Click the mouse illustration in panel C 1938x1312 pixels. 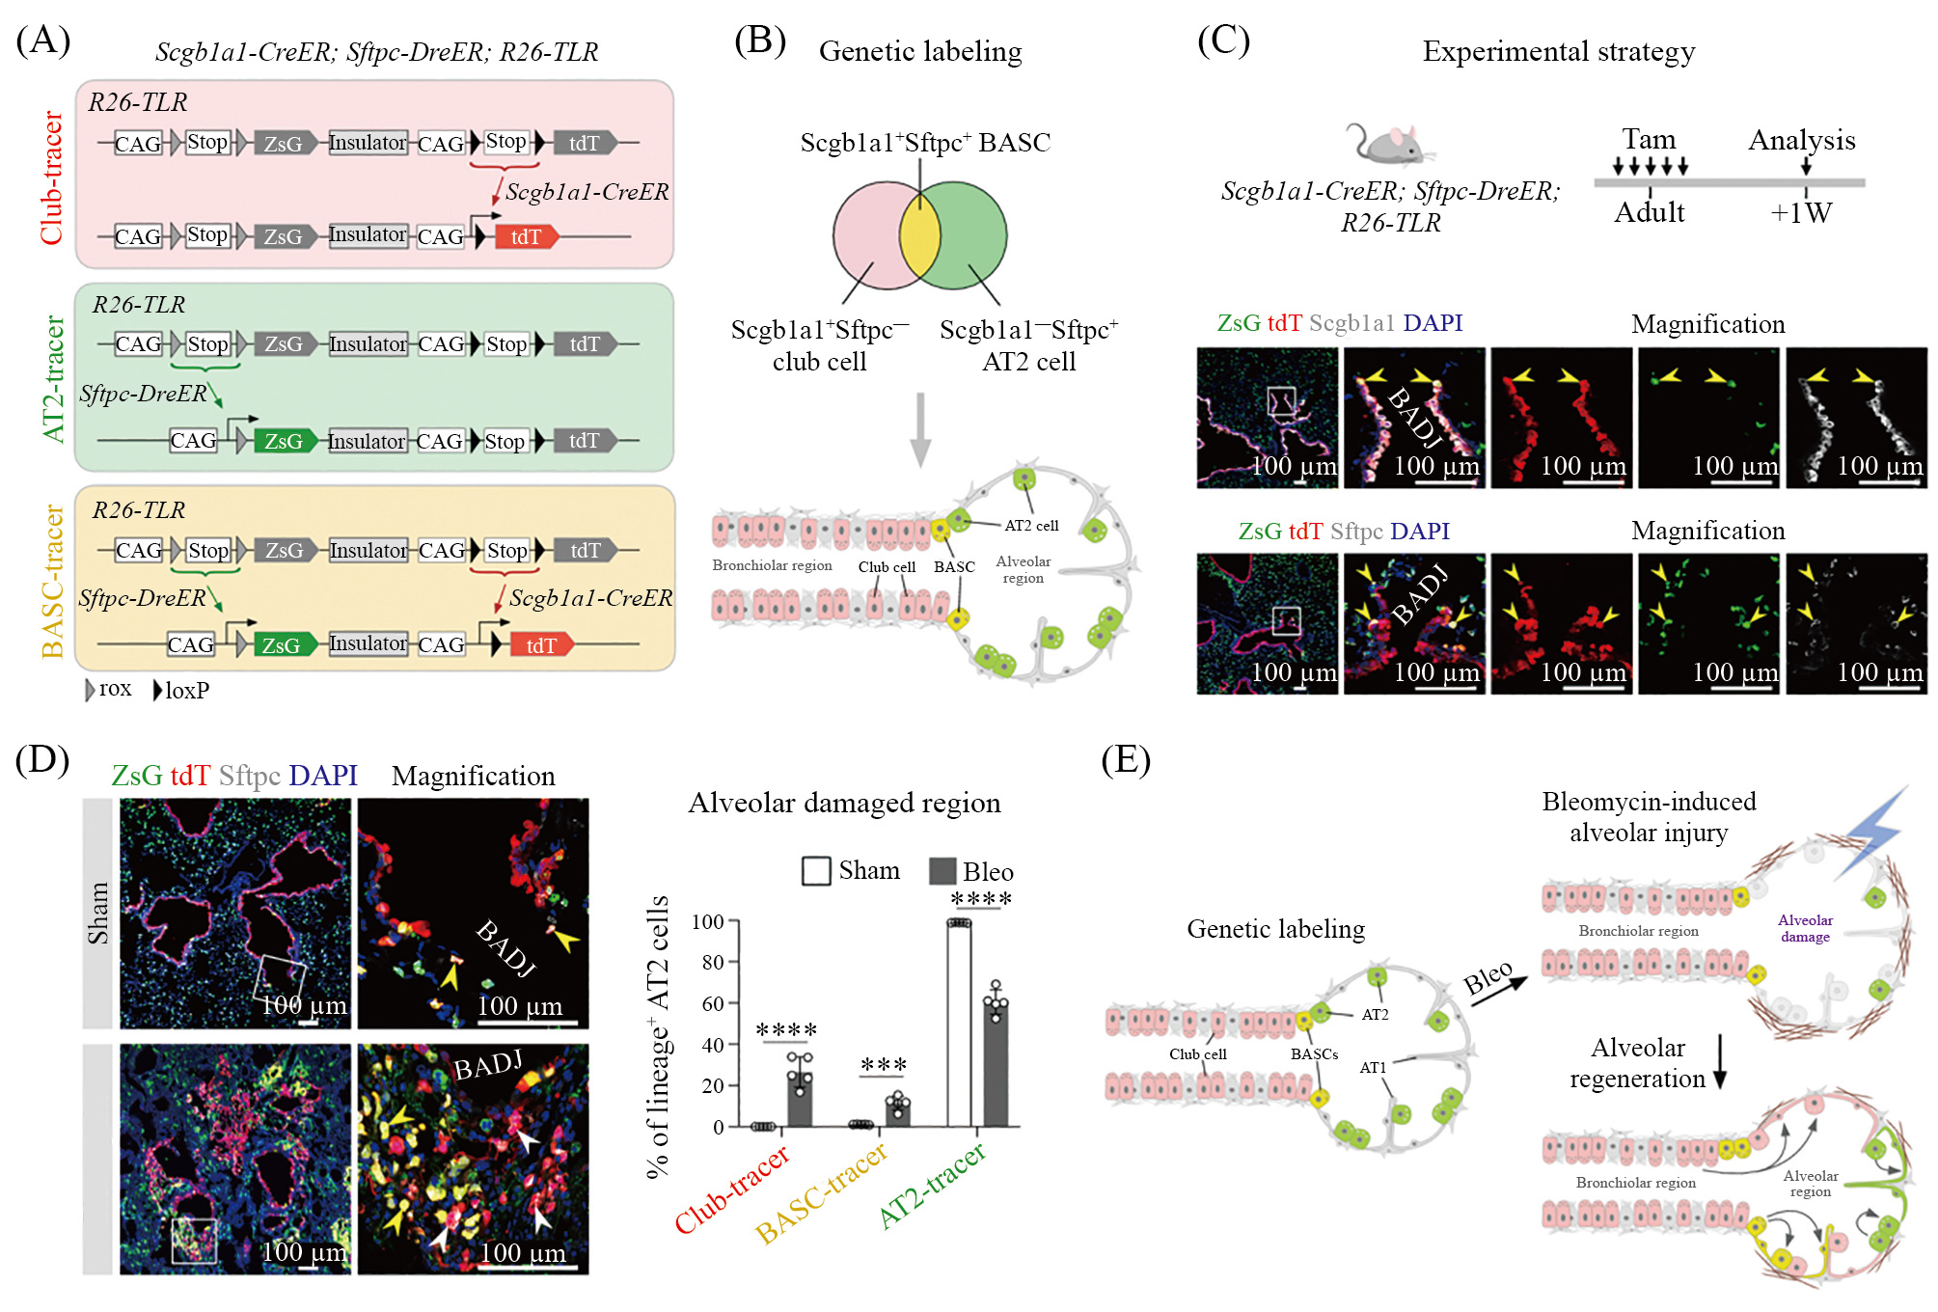pyautogui.click(x=1387, y=143)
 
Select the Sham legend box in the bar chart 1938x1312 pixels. pyautogui.click(x=816, y=871)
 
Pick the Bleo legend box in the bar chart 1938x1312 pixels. pyautogui.click(x=942, y=871)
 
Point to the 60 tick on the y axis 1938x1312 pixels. pyautogui.click(x=713, y=1003)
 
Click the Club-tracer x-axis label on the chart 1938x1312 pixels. pyautogui.click(x=732, y=1189)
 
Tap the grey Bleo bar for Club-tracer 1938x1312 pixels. pyautogui.click(x=800, y=1099)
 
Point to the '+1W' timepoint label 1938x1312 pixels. pyautogui.click(x=1801, y=212)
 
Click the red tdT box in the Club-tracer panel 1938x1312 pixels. pyautogui.click(x=526, y=236)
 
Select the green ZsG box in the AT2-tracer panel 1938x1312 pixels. pyautogui.click(x=285, y=441)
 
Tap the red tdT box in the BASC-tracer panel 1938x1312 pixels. pyautogui.click(x=541, y=644)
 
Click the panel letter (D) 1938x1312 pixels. pyautogui.click(x=42, y=760)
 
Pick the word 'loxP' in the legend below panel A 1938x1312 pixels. pyautogui.click(x=187, y=690)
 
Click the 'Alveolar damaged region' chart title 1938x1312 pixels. pyautogui.click(x=844, y=803)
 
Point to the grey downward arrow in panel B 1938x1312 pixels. pyautogui.click(x=921, y=428)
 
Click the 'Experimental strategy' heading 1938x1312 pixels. pyautogui.click(x=1558, y=51)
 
